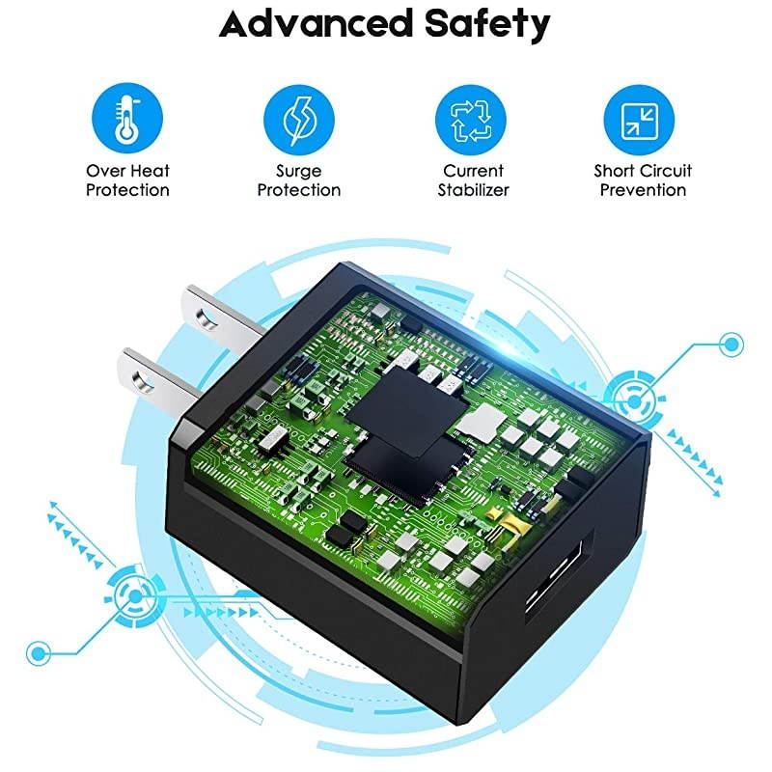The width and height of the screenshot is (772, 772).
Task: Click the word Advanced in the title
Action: click(x=316, y=23)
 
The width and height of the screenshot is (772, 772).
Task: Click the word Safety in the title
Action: click(x=487, y=26)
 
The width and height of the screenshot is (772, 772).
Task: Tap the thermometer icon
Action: click(x=127, y=118)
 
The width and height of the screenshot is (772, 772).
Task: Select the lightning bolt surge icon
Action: click(x=299, y=120)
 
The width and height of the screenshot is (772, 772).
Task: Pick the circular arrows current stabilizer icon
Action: click(x=471, y=120)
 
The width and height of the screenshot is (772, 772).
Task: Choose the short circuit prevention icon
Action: click(x=639, y=120)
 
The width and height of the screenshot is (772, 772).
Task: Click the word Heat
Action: click(x=151, y=171)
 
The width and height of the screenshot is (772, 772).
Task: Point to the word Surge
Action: click(x=299, y=172)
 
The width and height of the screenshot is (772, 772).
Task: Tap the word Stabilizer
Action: click(x=473, y=190)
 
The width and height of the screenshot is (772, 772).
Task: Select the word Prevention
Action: click(x=643, y=190)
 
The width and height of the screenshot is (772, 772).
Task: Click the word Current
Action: click(x=473, y=171)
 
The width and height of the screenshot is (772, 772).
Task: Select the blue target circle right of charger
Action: click(x=635, y=401)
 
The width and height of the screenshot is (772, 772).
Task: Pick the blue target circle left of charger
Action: click(x=135, y=596)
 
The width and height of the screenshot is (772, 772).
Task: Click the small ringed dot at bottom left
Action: click(x=38, y=654)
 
